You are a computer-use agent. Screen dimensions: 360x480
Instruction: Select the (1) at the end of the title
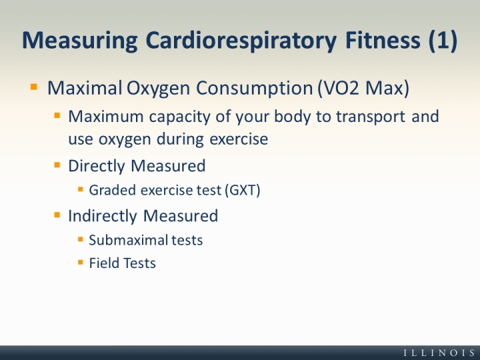coord(442,40)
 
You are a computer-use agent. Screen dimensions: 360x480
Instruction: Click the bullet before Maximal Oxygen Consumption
coord(34,87)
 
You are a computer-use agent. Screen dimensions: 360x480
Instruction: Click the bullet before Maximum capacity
coord(57,115)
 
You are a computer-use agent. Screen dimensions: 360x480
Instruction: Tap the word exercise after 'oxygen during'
coord(238,139)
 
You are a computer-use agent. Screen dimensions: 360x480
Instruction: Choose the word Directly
coord(95,165)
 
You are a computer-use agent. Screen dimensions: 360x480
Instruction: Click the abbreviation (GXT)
coord(243,190)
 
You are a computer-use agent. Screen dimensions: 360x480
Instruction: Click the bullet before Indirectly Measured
coord(57,215)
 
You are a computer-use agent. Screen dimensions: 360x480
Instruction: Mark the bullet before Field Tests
coord(80,262)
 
